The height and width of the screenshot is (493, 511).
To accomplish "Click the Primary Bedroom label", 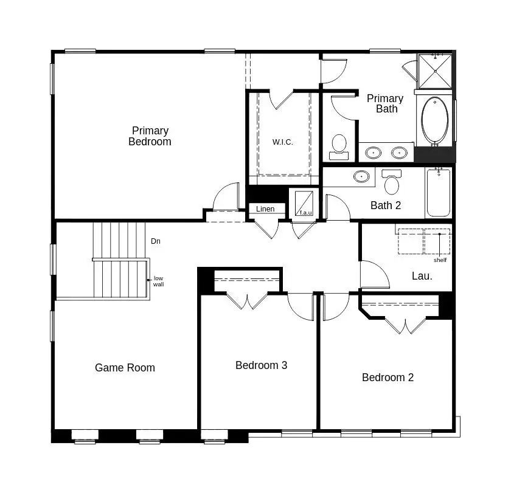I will point(150,136).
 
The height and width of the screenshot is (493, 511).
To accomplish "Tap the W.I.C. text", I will point(282,142).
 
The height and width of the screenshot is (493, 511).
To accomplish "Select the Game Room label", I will point(125,368).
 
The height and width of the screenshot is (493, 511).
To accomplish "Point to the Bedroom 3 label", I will point(261,365).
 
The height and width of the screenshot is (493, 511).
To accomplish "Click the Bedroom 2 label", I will point(388,378).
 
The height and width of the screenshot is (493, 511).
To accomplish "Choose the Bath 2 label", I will point(386,205).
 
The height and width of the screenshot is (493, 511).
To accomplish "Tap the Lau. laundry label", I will point(422,276).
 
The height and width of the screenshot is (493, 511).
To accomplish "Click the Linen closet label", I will point(265,209).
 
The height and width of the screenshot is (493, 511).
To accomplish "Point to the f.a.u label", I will point(305,213).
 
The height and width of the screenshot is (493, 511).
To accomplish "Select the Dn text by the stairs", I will point(156,241).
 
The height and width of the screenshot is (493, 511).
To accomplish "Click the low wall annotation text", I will point(158,281).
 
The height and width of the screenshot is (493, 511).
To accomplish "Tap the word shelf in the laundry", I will point(440,260).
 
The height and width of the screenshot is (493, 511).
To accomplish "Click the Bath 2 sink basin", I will point(362,177).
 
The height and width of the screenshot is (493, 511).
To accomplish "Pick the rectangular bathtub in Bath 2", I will point(438,193).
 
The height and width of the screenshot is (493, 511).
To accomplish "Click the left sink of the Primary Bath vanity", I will point(374,152).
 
